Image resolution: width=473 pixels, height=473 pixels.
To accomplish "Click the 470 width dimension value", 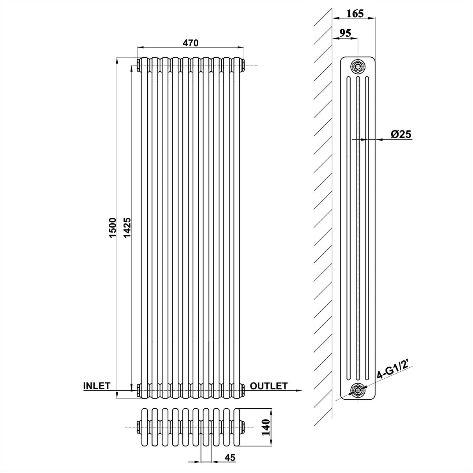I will [x=191, y=43].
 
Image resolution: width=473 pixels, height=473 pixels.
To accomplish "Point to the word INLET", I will [x=97, y=386].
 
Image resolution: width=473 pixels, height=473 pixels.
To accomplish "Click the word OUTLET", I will [x=268, y=386].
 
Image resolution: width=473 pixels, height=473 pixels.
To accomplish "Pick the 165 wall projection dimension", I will [x=355, y=14].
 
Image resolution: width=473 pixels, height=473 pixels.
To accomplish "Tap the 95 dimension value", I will [x=344, y=33].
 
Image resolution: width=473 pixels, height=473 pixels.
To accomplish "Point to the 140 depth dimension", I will [x=266, y=427].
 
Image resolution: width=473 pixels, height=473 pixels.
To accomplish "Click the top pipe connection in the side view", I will [x=358, y=66].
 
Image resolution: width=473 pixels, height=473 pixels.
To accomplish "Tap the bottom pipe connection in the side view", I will [x=358, y=389].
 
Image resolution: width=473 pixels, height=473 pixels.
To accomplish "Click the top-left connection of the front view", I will [x=139, y=65].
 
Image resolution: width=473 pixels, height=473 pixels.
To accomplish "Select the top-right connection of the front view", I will [x=242, y=65].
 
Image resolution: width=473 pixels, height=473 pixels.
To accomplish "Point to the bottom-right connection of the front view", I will [x=242, y=390].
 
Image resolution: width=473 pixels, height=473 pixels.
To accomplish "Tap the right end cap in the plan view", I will [x=243, y=427].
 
